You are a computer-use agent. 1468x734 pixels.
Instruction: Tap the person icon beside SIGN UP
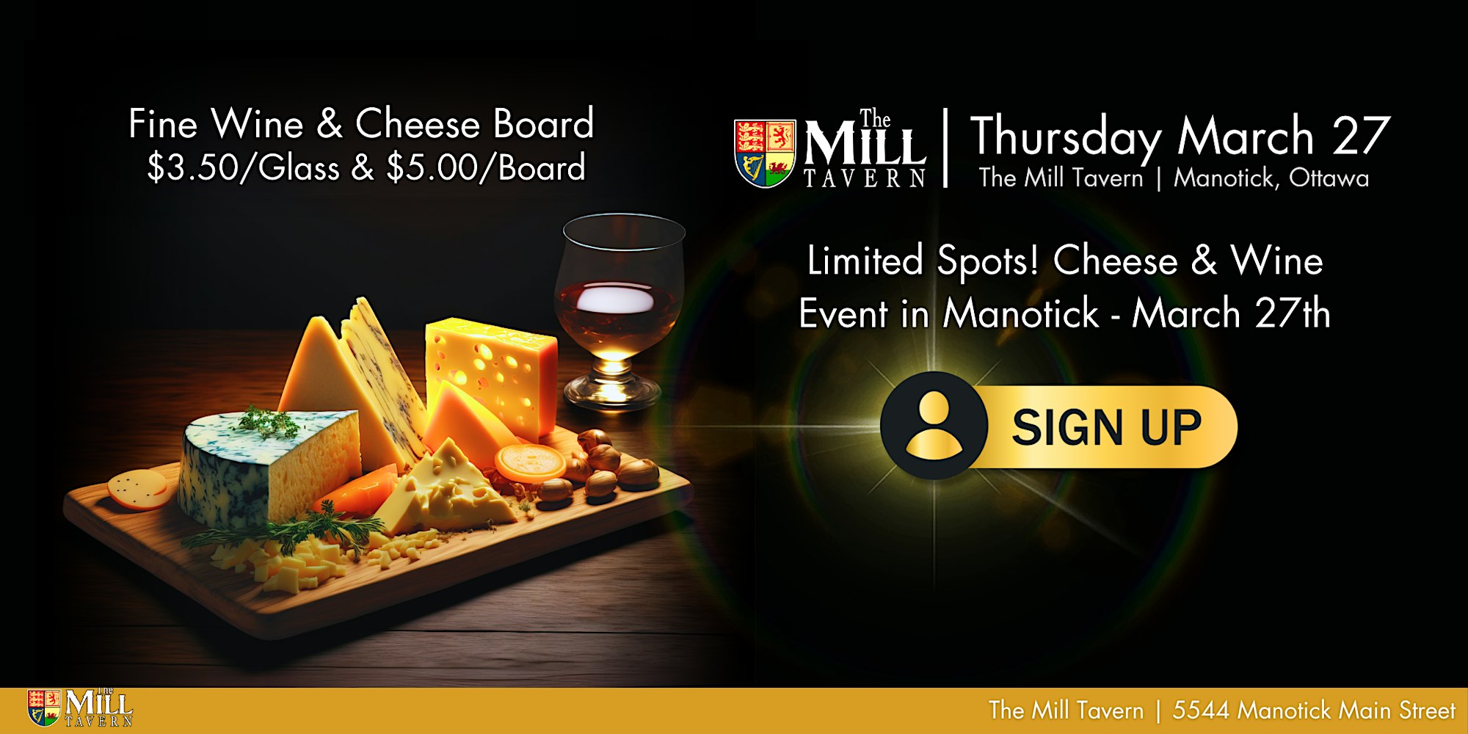click(934, 426)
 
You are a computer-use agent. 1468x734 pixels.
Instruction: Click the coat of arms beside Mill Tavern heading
click(765, 153)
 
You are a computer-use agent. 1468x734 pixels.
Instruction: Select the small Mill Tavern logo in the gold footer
click(79, 708)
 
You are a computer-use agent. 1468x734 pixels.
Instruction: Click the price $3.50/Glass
click(243, 168)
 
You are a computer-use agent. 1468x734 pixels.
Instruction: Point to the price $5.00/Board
click(485, 168)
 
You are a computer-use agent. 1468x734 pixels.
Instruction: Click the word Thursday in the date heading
click(1066, 137)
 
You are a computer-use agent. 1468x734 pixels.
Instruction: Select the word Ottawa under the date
click(1329, 178)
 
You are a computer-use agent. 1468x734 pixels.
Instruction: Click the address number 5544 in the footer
click(1200, 710)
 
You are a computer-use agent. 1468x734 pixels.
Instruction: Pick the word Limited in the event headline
click(865, 261)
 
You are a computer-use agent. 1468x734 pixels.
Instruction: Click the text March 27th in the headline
click(1231, 313)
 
